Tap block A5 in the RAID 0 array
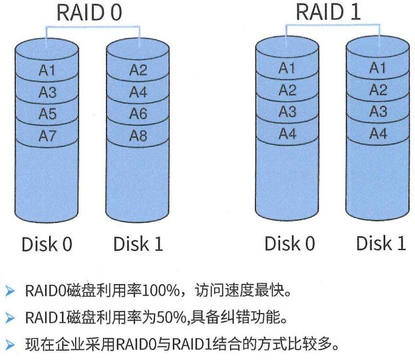click(x=47, y=114)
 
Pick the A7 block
click(x=47, y=136)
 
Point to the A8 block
click(x=138, y=136)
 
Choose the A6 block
click(x=138, y=114)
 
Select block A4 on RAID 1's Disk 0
click(x=287, y=134)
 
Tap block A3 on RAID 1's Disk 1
click(x=378, y=112)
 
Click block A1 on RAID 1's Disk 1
click(x=378, y=68)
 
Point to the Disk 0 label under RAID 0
click(x=47, y=244)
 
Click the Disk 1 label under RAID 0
click(x=138, y=244)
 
